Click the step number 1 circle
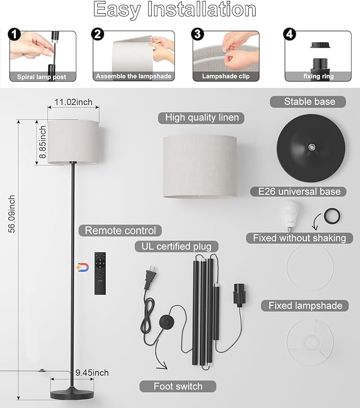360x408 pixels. [14, 34]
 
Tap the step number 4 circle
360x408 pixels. [289, 34]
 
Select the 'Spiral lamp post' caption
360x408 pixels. [42, 77]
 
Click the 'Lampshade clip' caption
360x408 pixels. [226, 76]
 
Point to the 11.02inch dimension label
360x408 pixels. [73, 102]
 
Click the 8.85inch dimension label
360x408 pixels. [42, 142]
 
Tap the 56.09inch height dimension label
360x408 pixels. [12, 214]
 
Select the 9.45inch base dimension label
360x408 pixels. [92, 372]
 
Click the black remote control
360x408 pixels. [100, 273]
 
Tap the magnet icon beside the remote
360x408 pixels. [83, 268]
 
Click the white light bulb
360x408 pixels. [289, 216]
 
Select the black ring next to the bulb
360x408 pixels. [332, 216]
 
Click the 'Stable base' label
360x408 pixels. [310, 102]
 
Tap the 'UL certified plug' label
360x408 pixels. [176, 246]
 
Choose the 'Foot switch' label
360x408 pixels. [178, 386]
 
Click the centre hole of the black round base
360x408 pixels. [311, 147]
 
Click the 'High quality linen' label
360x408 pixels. [202, 118]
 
